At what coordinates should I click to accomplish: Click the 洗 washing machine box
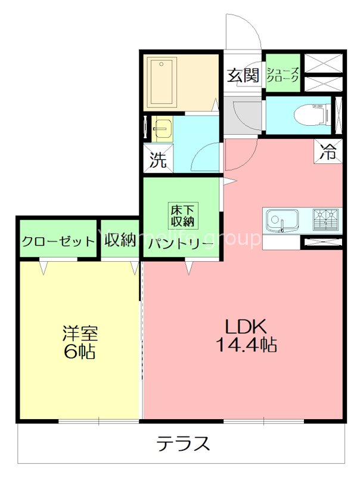coord(158,160)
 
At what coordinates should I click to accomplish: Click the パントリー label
coord(181,243)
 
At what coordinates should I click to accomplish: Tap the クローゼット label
coord(58,241)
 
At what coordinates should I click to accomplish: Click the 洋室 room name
coord(79,333)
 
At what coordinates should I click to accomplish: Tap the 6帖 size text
coord(79,352)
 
